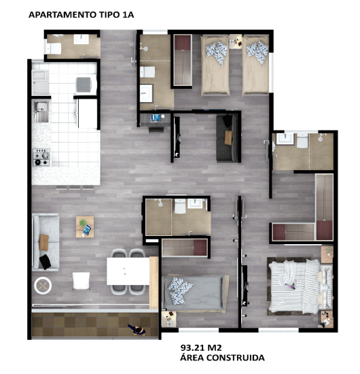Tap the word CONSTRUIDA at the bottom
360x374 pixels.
pos(235,358)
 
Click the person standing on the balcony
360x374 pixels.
pos(137,330)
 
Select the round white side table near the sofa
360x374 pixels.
pos(43,286)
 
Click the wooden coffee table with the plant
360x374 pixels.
pos(85,227)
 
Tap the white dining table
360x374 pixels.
pos(128,271)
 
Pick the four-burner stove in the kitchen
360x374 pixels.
pos(41,157)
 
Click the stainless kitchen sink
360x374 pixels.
pos(41,112)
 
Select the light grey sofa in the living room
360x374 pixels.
pos(46,242)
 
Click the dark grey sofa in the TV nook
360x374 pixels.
pos(227,138)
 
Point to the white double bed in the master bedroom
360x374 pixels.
pos(301,286)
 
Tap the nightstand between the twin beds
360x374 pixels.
pos(236,41)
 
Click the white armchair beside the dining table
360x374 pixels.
pos(82,281)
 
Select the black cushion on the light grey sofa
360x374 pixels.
pos(45,262)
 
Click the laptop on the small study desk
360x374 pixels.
pos(156,118)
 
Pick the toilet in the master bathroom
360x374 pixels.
pos(302,141)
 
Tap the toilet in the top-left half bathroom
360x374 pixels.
pos(54,48)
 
